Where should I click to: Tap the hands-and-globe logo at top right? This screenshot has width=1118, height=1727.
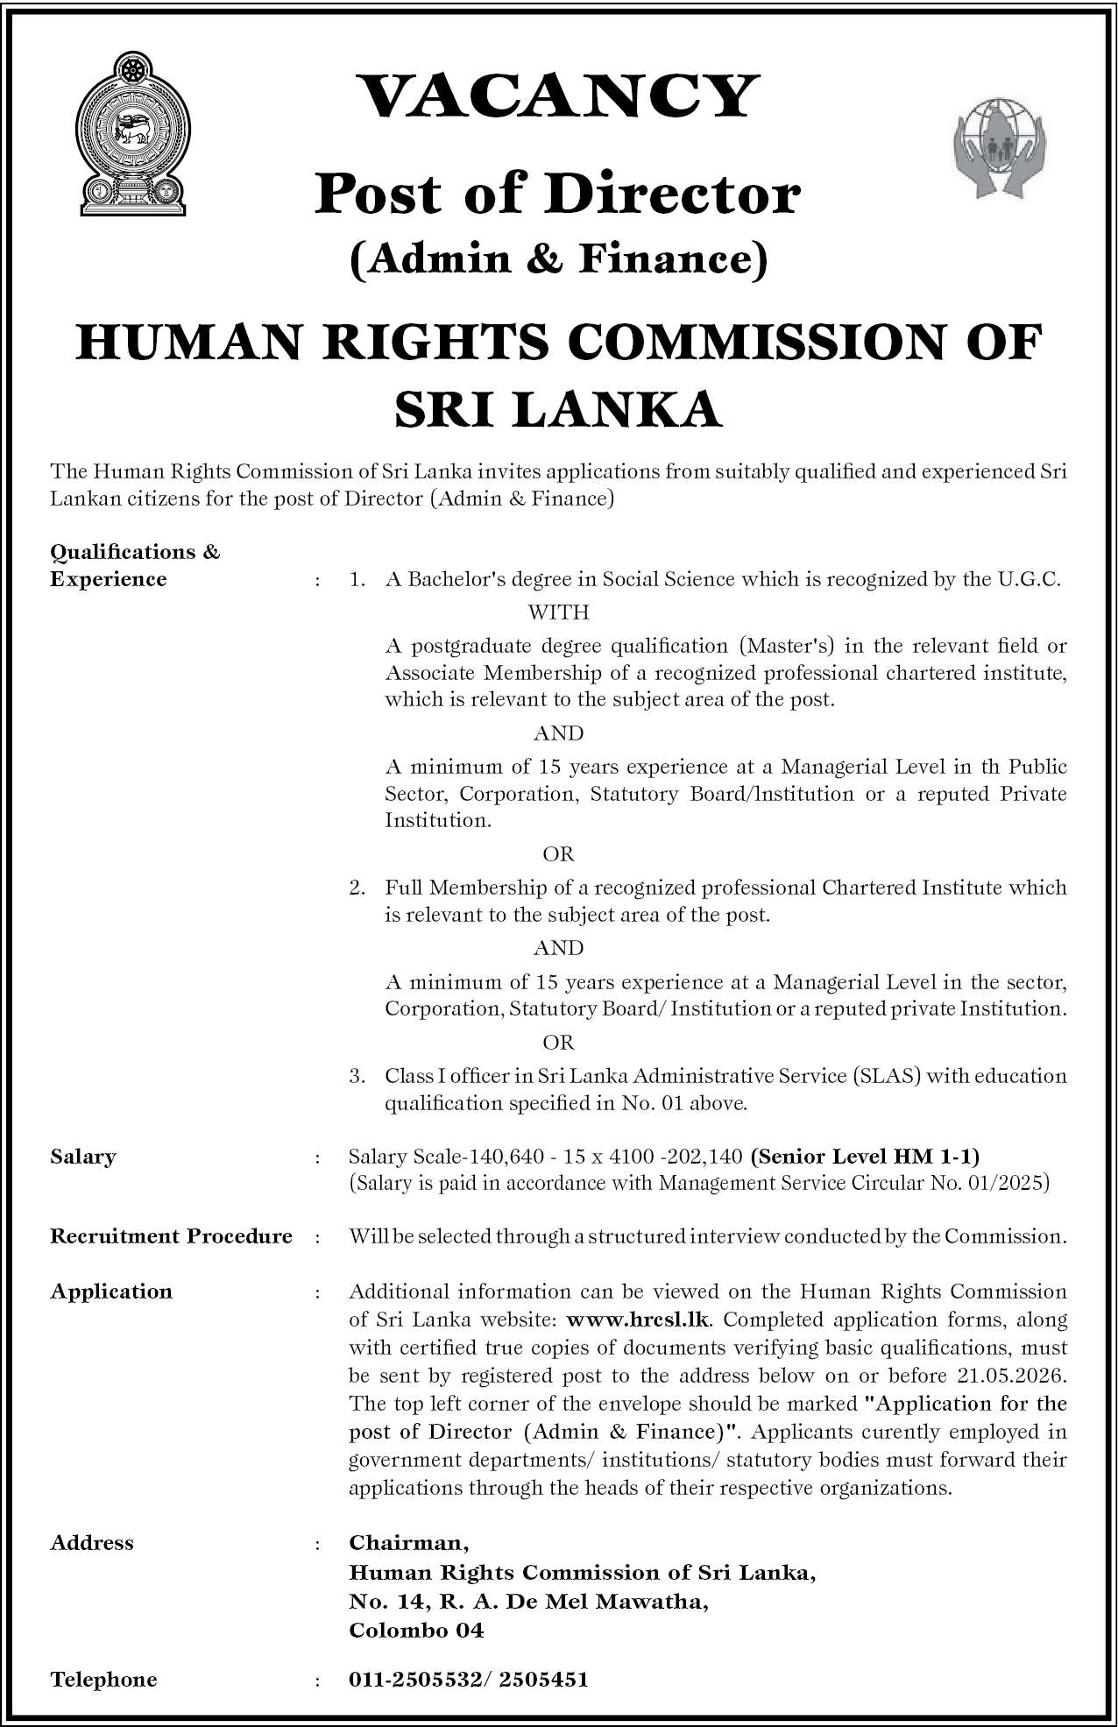998,144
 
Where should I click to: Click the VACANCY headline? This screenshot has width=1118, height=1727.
558,96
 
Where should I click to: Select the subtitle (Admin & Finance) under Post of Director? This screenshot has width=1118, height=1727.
558,259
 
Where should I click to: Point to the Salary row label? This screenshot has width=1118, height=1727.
83,1157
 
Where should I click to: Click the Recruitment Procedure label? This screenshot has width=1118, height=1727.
171,1236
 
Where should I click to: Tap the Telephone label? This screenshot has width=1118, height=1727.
103,1680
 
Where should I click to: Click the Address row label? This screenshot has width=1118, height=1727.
91,1543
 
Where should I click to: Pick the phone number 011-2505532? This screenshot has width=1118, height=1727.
412,1680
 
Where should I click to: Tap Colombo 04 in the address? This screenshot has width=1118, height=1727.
416,1631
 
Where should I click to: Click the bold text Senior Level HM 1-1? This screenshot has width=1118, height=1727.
865,1157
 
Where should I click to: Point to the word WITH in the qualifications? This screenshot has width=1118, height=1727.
558,612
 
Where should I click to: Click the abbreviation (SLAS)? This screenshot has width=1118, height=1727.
886,1076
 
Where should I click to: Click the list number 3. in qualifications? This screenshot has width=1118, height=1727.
357,1076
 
